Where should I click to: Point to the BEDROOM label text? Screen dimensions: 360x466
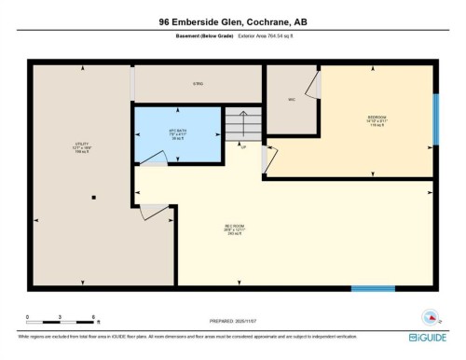click(376, 119)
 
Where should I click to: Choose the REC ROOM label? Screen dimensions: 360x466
click(233, 228)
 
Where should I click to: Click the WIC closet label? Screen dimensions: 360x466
click(291, 98)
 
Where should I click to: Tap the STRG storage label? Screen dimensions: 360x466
click(198, 84)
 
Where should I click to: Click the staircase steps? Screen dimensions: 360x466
click(241, 125)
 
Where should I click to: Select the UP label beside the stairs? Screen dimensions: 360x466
click(244, 146)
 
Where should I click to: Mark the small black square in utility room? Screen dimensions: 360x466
click(94, 197)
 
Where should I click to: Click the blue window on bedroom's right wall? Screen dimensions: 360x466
click(434, 107)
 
